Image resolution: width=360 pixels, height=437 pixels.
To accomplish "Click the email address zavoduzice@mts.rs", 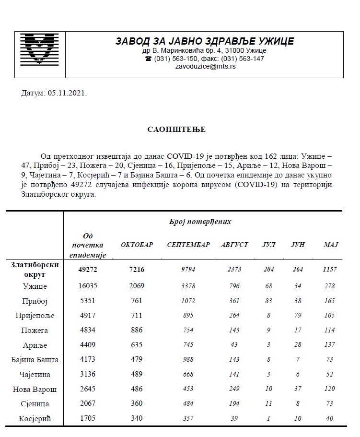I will pos(206,67).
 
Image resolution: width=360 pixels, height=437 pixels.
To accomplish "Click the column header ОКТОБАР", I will pos(137,245).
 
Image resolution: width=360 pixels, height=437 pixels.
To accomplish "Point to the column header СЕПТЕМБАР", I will pos(188,245).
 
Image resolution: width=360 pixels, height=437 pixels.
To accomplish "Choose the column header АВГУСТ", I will pos(234,245).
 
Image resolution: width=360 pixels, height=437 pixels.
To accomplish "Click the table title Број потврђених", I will pos(200,222).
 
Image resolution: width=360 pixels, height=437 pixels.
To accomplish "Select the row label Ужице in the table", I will pos(35,287).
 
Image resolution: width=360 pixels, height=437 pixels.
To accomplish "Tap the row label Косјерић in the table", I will pos(35,419).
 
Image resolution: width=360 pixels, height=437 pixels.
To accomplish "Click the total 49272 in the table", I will pos(88,270).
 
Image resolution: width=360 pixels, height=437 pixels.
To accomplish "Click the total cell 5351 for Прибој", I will pos(88,301).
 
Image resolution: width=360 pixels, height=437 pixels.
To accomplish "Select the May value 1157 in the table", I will pos(330,270).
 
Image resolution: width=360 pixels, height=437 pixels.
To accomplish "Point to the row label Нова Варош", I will pos(35,389).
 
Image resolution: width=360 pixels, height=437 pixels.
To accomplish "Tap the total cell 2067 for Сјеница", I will pos(88,404).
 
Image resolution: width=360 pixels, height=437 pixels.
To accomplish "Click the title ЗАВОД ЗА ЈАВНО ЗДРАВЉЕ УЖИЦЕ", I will pos(205,41).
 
